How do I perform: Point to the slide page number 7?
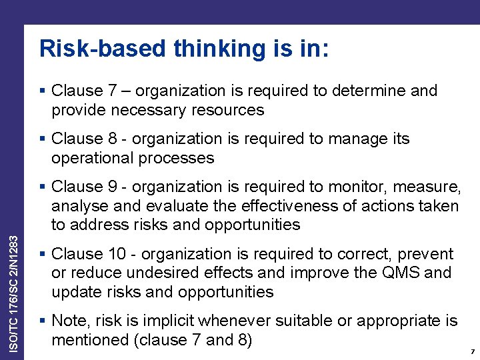pos(472,351)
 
